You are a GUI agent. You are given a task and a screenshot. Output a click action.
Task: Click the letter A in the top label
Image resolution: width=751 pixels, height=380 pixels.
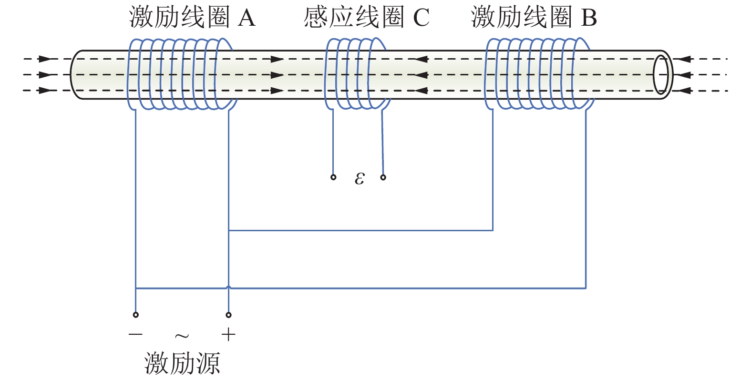coord(247,18)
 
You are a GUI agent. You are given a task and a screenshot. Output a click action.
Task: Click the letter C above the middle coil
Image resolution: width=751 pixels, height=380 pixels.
coord(421,18)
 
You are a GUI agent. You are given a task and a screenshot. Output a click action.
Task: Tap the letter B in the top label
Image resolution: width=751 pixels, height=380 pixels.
coord(589,18)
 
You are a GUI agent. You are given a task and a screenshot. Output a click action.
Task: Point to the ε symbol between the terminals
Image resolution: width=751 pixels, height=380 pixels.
coord(360,178)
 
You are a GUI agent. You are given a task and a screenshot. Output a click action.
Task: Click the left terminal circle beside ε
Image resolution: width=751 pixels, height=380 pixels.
coord(333,177)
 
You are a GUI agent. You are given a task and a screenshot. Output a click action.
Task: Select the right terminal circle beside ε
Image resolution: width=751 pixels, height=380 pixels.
coord(383,177)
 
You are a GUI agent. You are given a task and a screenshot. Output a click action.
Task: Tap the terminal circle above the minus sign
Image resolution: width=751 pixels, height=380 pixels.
coord(136,315)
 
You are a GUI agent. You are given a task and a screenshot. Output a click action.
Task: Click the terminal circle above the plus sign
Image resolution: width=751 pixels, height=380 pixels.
coord(229,315)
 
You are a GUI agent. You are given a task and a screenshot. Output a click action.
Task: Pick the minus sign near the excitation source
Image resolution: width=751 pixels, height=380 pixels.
coord(135,334)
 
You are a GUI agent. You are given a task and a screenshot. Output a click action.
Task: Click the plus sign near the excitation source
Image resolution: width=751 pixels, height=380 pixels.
coord(229,335)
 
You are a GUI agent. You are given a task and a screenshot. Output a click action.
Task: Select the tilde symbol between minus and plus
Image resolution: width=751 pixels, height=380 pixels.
coord(182,336)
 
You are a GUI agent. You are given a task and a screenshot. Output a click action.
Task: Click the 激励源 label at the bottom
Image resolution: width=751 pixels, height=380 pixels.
coord(182,363)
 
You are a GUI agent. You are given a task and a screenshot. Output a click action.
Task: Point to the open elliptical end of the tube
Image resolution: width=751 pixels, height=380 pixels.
coord(661,74)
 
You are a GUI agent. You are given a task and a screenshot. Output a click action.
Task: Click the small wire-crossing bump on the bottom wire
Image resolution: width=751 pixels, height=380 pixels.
coord(229,288)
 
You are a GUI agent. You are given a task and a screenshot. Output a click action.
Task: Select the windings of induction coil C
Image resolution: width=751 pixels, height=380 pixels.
coord(357,74)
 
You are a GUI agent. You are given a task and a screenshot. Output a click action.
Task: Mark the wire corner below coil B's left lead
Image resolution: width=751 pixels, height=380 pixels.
coord(493,230)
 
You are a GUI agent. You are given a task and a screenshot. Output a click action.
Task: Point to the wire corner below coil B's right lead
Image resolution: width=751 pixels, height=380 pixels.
coord(586,288)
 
